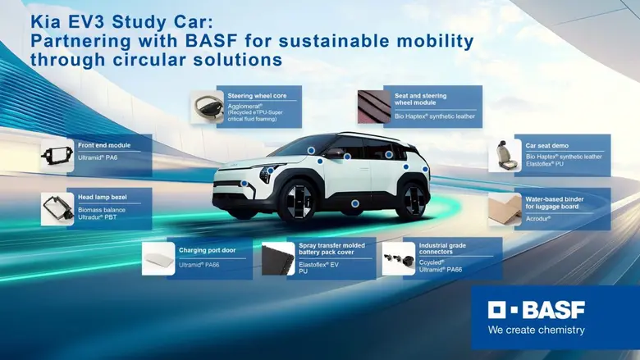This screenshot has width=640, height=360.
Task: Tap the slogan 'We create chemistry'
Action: point(537,330)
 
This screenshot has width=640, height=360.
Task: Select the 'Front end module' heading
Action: point(103,145)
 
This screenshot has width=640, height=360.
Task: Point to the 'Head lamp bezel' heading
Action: point(103,198)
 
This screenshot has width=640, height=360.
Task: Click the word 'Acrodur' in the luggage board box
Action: point(538,219)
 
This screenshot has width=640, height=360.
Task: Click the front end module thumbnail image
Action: point(57,156)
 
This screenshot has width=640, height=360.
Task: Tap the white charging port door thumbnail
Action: point(158,258)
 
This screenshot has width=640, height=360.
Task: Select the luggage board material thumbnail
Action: point(505,209)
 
